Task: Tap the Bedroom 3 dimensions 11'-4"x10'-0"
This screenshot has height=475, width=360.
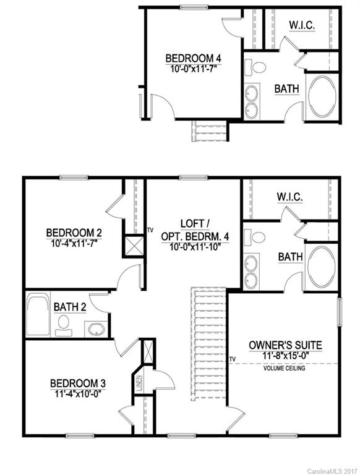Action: tap(74, 392)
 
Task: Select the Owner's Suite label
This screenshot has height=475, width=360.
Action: tap(286, 344)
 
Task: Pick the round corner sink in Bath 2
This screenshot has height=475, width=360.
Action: tap(95, 328)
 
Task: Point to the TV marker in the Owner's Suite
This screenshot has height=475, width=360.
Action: tap(233, 359)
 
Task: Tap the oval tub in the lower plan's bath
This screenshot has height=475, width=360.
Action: tap(322, 268)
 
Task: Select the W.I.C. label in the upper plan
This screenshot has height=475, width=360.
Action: tap(303, 25)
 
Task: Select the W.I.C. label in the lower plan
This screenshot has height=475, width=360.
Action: tap(289, 197)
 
